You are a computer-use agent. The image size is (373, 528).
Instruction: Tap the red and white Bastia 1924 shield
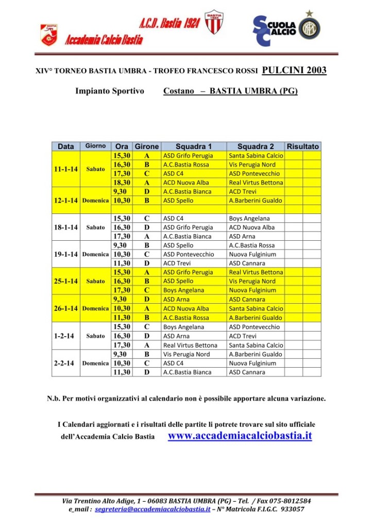[213, 22]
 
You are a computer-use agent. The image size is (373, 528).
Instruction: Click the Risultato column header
[303, 146]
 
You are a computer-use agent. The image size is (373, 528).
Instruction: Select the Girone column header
[147, 146]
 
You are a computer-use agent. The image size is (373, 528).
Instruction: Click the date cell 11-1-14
[66, 169]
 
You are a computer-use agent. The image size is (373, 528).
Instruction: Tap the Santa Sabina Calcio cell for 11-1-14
[256, 156]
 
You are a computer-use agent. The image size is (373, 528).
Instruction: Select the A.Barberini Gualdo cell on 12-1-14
[256, 201]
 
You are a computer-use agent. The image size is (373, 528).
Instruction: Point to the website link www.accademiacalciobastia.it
[240, 436]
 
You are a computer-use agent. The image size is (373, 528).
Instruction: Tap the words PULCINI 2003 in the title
[294, 71]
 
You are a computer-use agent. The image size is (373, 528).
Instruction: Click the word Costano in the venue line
[178, 91]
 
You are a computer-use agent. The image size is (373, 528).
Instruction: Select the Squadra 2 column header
[256, 146]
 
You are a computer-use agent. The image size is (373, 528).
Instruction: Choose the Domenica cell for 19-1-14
[95, 254]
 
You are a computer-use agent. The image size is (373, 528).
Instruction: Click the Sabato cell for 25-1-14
[95, 281]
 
